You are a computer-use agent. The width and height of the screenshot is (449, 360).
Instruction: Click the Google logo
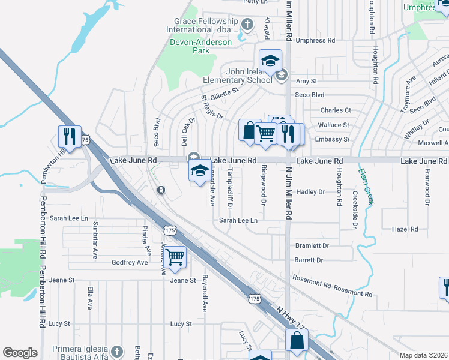pyautogui.click(x=20, y=353)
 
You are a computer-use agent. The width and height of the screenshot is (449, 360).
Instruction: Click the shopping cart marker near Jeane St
pyautogui.click(x=175, y=257)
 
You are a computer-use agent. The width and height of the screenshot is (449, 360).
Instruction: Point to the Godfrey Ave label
pyautogui.click(x=130, y=263)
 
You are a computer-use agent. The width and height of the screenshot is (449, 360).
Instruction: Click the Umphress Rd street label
pyautogui.click(x=315, y=41)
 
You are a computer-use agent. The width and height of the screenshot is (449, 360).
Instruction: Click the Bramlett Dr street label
pyautogui.click(x=313, y=246)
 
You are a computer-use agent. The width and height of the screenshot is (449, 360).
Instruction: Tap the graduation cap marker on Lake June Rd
pyautogui.click(x=199, y=170)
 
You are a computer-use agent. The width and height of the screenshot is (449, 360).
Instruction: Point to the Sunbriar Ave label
pyautogui.click(x=95, y=239)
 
